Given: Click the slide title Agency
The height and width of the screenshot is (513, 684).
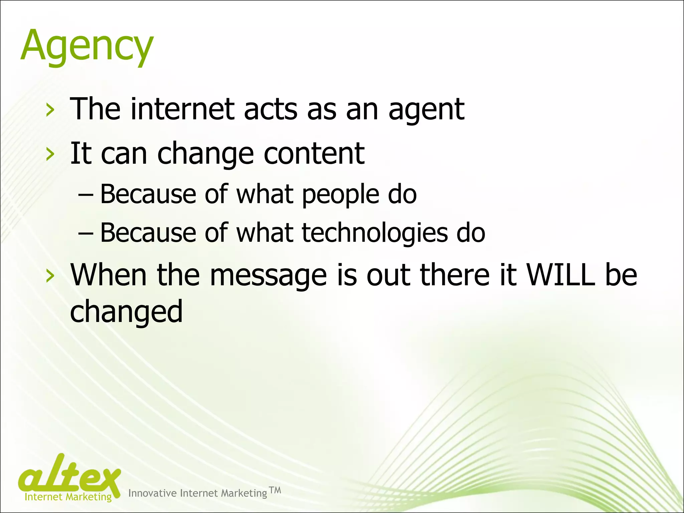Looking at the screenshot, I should (x=87, y=46).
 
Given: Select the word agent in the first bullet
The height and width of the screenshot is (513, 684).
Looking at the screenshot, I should (x=426, y=110).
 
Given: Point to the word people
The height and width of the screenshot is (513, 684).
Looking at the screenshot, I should (x=340, y=195).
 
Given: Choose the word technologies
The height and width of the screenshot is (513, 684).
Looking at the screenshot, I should (x=375, y=233).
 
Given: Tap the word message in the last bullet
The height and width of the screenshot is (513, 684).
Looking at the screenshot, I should (x=268, y=276).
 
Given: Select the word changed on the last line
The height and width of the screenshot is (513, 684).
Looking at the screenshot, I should (x=126, y=312).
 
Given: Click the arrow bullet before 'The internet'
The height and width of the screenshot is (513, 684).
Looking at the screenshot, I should (x=50, y=110).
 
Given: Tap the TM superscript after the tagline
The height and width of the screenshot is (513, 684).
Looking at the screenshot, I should (x=275, y=490).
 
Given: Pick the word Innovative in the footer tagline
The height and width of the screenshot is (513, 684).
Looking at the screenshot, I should (x=152, y=493).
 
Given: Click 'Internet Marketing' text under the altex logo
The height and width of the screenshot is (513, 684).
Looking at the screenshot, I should (x=68, y=497).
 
